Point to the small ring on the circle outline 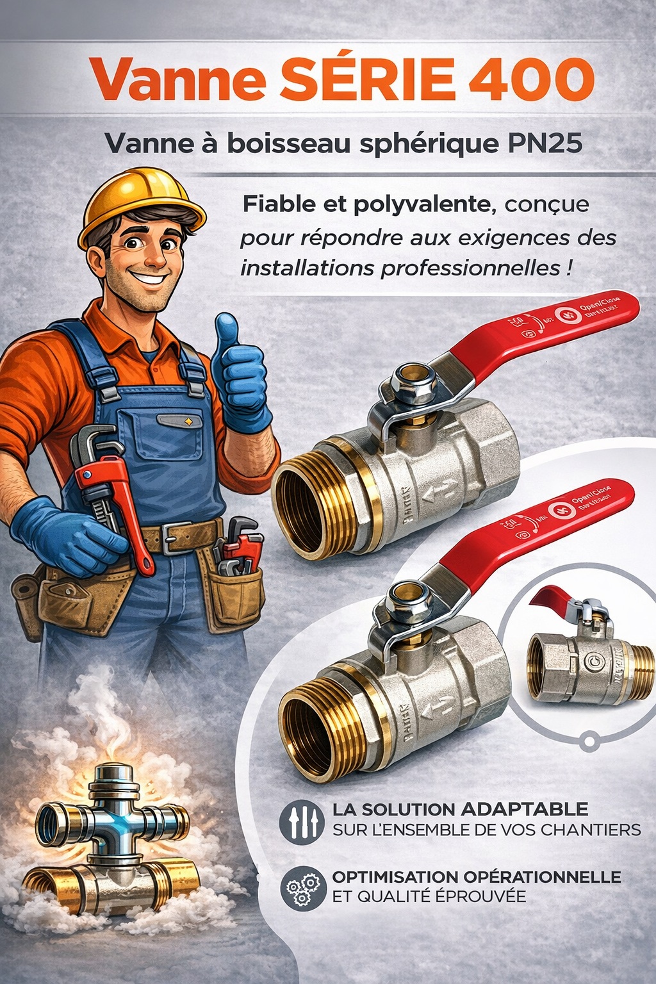point(587,742)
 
